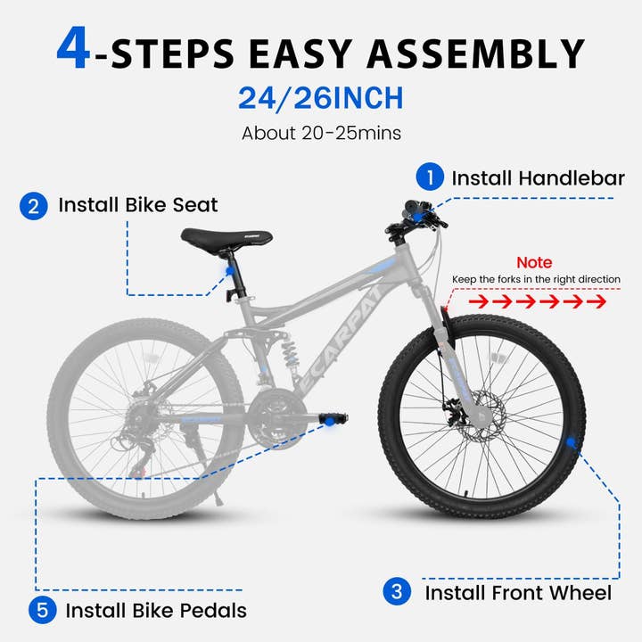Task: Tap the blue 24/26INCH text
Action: click(x=320, y=97)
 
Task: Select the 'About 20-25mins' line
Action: click(x=320, y=134)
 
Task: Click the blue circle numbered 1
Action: click(x=432, y=177)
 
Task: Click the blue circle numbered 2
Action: click(x=33, y=206)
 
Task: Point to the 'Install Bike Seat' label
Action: click(x=138, y=205)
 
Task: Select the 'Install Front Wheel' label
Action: click(x=517, y=592)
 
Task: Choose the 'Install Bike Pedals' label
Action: click(x=156, y=612)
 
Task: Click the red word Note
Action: click(x=535, y=262)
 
